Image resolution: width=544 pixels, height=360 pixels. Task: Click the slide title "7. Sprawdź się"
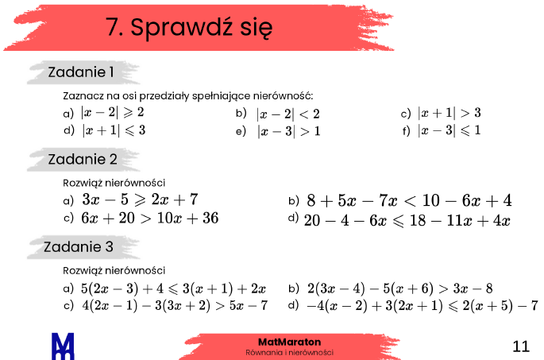(189, 27)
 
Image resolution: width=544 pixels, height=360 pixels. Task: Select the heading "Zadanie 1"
(82, 72)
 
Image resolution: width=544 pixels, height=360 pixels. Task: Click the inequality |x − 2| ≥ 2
(113, 113)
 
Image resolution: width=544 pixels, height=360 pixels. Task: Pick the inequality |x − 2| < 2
(289, 114)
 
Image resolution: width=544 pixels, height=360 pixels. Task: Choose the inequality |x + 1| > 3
(449, 113)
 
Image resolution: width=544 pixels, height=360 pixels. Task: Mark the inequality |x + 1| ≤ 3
(113, 130)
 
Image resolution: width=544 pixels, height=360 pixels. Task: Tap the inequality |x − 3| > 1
(289, 131)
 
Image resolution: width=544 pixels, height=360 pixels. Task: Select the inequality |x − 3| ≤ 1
(449, 130)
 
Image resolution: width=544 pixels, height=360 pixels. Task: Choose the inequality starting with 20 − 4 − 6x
(406, 219)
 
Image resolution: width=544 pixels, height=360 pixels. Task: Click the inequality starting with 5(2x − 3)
(174, 288)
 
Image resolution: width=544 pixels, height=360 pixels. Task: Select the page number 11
(521, 346)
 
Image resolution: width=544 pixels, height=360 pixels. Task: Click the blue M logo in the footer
(63, 346)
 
